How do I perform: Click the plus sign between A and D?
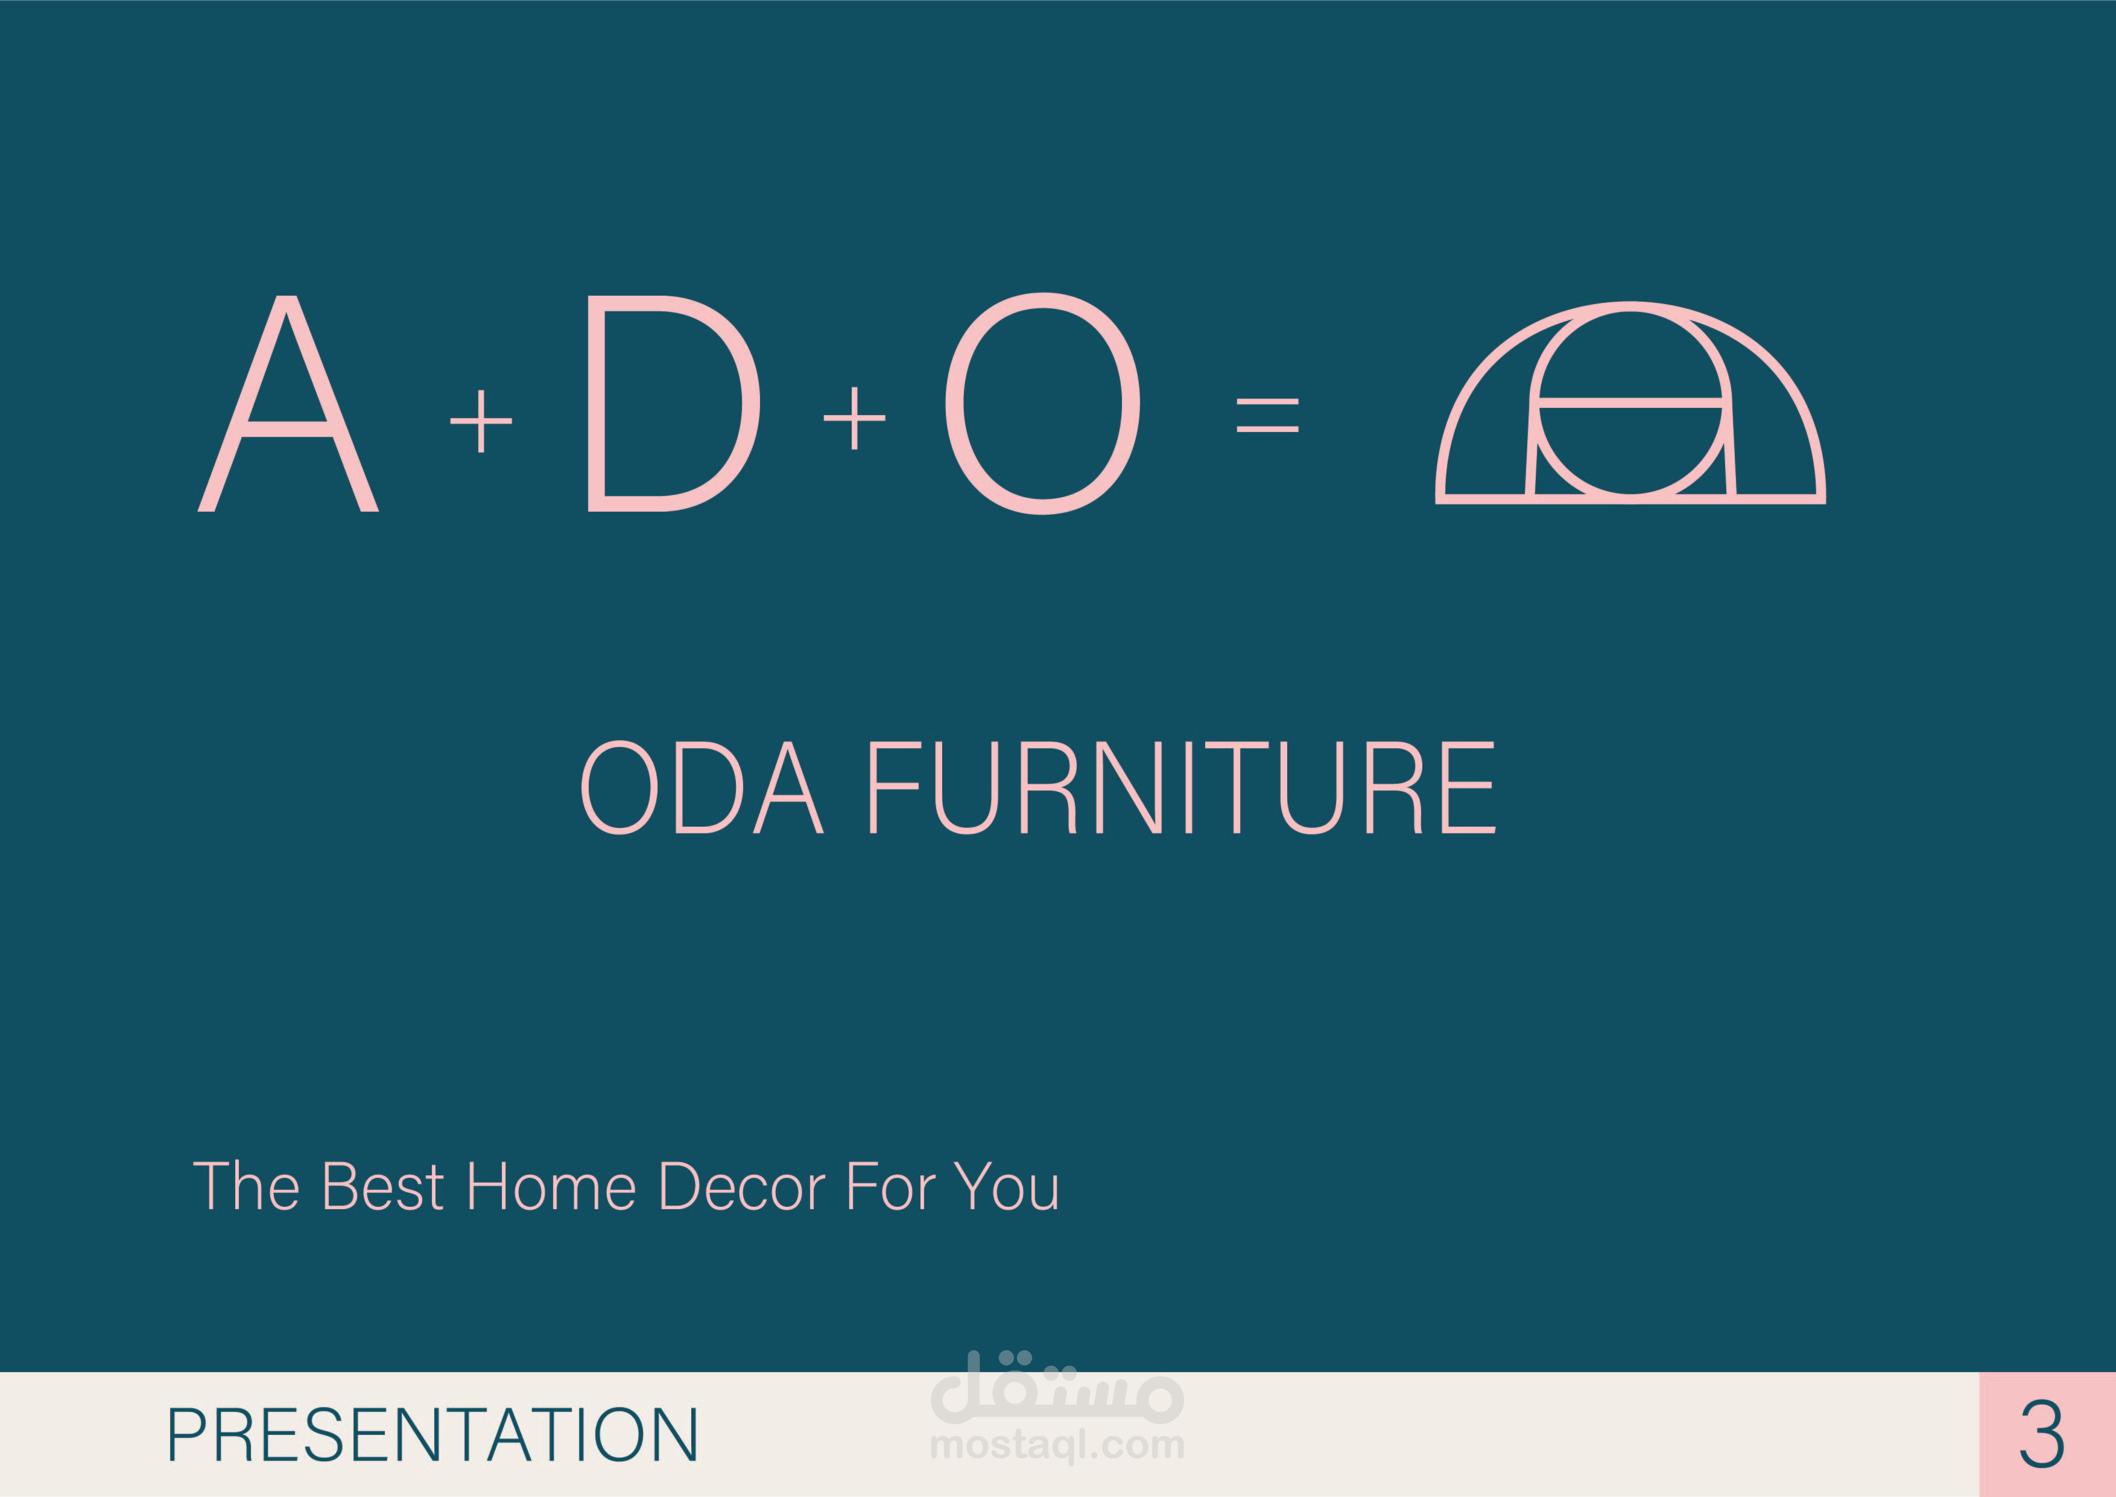(x=481, y=421)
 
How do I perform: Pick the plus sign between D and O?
(x=854, y=418)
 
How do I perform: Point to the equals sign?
(x=1267, y=415)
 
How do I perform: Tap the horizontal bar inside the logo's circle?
(x=1630, y=402)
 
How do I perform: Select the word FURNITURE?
(x=1182, y=787)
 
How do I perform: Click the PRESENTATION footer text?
(x=432, y=1435)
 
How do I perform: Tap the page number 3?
(x=2042, y=1435)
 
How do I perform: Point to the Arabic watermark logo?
(x=1057, y=1387)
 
